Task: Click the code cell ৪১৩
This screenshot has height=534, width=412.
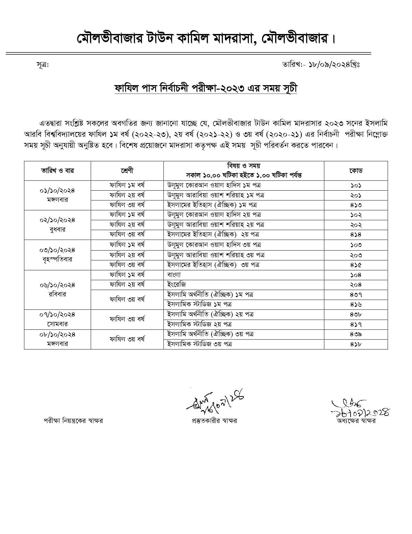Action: pos(356,205)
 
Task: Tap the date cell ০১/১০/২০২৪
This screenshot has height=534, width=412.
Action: pos(57,195)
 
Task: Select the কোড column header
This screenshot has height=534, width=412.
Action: pos(356,171)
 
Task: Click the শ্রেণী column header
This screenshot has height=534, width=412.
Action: pos(127,171)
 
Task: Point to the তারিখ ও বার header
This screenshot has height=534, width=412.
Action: pos(57,171)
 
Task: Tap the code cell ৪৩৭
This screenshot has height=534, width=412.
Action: pos(356,295)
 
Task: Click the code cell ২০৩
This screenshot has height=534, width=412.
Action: pos(356,255)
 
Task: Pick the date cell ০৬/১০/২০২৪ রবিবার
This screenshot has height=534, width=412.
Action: pos(57,289)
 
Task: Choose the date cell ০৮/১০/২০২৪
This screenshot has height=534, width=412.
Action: pos(57,339)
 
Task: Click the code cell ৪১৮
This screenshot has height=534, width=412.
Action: pos(356,344)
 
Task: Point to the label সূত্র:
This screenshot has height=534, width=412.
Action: pos(42,65)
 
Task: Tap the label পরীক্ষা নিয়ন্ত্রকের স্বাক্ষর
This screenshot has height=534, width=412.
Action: pos(73,421)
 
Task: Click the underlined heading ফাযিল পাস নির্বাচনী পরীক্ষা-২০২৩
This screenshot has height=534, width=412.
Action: pos(206,88)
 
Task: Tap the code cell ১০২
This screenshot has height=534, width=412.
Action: pos(356,215)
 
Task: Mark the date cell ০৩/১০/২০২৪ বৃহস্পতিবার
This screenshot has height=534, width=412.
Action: pos(57,255)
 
